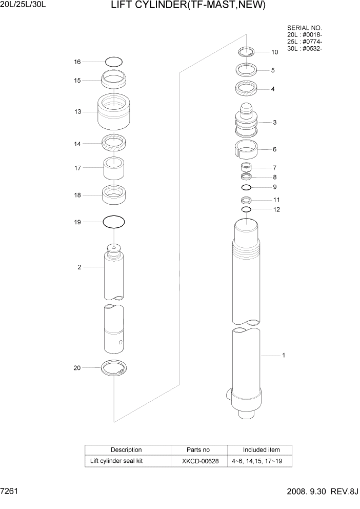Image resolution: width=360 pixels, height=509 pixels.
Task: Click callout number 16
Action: click(x=77, y=62)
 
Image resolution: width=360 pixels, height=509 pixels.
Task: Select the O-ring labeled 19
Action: click(x=114, y=222)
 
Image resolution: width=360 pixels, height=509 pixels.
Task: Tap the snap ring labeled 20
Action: click(x=114, y=368)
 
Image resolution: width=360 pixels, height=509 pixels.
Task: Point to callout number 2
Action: click(x=79, y=267)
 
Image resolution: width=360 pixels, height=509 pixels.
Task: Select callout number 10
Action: click(x=275, y=52)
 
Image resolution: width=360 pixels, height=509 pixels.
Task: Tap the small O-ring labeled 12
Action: click(x=246, y=209)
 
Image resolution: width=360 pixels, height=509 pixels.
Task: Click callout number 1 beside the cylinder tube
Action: click(x=284, y=355)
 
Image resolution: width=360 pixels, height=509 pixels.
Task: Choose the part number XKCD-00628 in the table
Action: click(x=200, y=461)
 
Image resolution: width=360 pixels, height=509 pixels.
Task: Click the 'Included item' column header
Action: click(x=261, y=450)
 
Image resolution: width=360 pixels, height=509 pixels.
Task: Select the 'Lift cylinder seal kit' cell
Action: click(x=116, y=461)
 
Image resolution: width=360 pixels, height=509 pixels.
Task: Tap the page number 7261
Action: click(x=10, y=492)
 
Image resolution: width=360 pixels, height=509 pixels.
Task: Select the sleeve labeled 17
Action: click(x=114, y=167)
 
